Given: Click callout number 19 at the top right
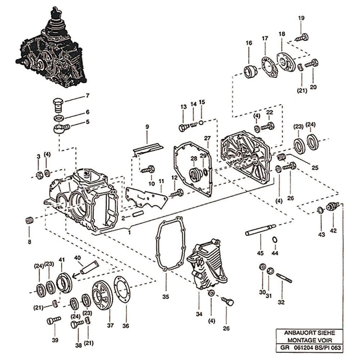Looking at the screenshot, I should (301, 18).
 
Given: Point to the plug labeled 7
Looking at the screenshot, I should (58, 104).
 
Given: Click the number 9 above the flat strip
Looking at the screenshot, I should (147, 127).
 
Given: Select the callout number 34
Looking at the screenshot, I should (199, 314).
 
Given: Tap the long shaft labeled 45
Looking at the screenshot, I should (260, 230).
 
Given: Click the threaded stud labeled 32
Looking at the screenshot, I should (284, 278).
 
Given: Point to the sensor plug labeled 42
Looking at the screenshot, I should (332, 207).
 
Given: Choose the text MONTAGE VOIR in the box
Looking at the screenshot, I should (308, 340).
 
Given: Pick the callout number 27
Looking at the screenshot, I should (207, 138).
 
